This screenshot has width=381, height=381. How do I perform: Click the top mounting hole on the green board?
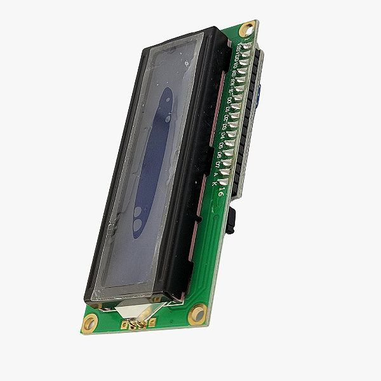click(x=246, y=29)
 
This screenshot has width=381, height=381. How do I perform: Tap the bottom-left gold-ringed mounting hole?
click(x=90, y=323)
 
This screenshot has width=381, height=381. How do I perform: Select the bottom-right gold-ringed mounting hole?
click(x=198, y=314)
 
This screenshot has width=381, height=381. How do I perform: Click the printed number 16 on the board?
click(x=220, y=190)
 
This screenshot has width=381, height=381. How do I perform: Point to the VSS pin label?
click(x=237, y=49)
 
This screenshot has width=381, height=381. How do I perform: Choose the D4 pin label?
click(x=222, y=136)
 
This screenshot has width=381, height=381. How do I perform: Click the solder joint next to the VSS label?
click(x=246, y=47)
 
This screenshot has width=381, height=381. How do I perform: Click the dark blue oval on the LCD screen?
click(x=152, y=162)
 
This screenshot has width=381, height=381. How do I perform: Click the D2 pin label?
click(x=226, y=117)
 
